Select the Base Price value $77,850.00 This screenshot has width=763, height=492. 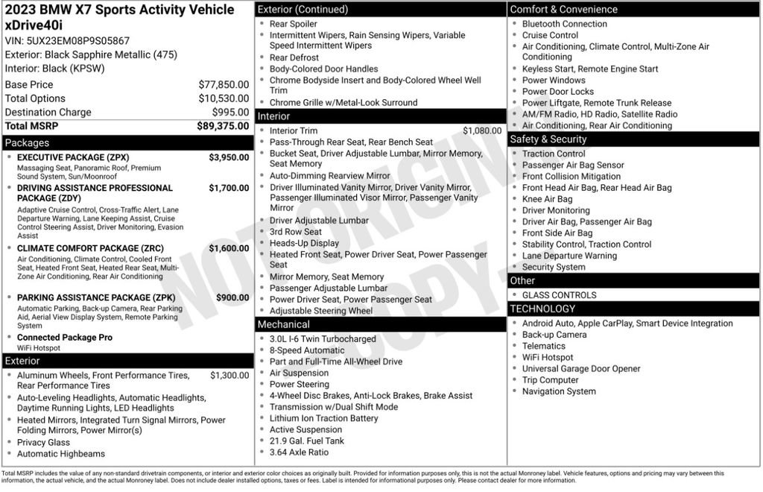[x=224, y=85]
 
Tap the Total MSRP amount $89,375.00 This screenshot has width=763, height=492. [x=223, y=127]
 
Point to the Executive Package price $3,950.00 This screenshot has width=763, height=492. [x=229, y=158]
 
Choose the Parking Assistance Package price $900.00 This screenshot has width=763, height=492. [x=232, y=298]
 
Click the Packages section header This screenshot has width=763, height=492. [x=27, y=143]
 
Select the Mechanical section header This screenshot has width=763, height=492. [x=283, y=325]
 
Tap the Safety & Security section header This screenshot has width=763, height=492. [x=548, y=139]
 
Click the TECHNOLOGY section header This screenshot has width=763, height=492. [x=542, y=309]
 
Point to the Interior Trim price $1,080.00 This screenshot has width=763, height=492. [x=482, y=131]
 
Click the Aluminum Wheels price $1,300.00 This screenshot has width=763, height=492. [x=229, y=376]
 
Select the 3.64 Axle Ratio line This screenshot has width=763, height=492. [x=299, y=452]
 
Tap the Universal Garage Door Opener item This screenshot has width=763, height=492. [x=580, y=369]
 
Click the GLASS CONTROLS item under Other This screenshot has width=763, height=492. [x=559, y=295]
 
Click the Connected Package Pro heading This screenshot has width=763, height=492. [x=65, y=338]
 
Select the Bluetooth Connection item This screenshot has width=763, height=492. [x=564, y=24]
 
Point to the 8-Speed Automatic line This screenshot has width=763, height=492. [x=307, y=350]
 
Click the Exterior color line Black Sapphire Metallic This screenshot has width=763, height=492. [x=91, y=55]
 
